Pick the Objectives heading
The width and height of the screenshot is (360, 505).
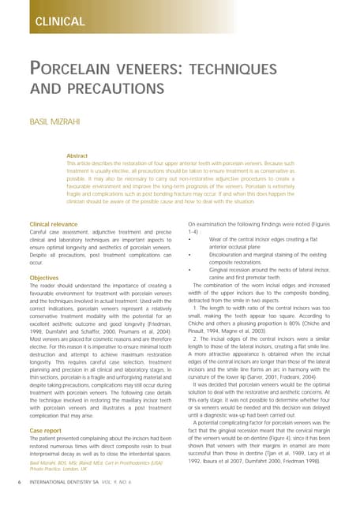coord(43,279)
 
